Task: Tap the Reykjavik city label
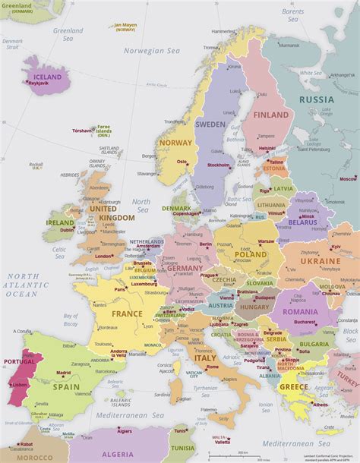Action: coord(43,83)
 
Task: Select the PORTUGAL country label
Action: coord(19,361)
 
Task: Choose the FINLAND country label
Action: coord(271,115)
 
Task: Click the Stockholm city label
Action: coord(218,165)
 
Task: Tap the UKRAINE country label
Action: coord(320,260)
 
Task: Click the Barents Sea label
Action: coord(292,14)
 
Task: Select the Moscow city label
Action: coord(348,179)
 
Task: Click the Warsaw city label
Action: coord(266,241)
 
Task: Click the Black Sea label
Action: coord(349,334)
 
